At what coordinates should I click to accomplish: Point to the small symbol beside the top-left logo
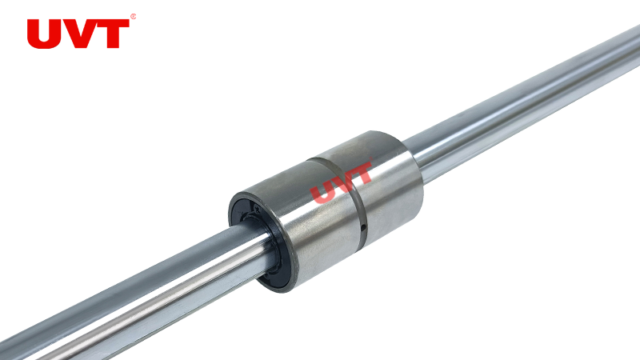(x=133, y=17)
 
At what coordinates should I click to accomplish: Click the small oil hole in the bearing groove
(x=363, y=228)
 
